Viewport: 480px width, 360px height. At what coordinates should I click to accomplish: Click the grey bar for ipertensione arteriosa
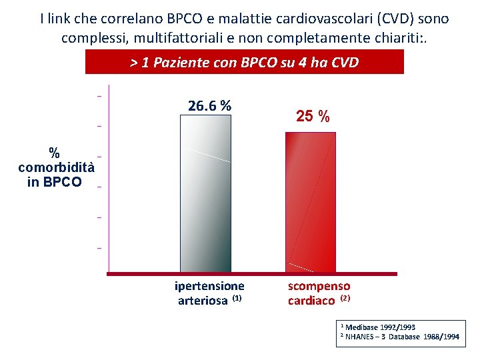coord(205,193)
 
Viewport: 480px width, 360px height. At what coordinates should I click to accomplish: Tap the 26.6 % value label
coord(210,105)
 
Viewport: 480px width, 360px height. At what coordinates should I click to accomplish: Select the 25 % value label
coord(313,116)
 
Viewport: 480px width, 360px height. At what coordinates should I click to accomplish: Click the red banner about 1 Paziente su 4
coord(245,63)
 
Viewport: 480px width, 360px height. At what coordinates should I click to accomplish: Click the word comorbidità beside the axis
coord(56,167)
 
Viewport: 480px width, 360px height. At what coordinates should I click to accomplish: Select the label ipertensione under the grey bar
coord(209,286)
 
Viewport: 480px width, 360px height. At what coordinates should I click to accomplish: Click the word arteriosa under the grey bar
coord(203,300)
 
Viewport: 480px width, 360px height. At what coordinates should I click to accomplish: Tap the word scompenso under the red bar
coord(319,286)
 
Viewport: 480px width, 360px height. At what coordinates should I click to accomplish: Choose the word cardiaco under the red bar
coord(311,301)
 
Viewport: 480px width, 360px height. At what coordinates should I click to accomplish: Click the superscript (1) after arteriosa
coord(236,298)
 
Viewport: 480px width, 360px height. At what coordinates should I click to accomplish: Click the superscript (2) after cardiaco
coord(345,298)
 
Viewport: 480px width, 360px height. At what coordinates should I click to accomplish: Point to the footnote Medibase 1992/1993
coord(379,327)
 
